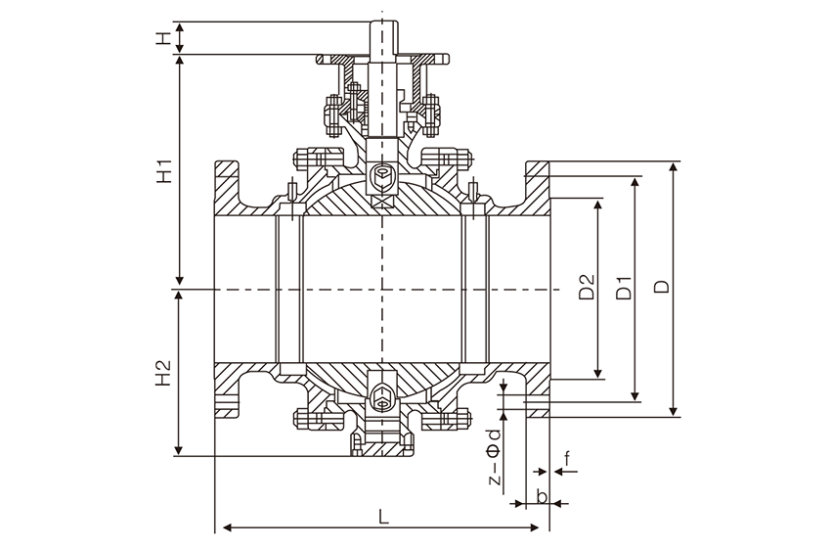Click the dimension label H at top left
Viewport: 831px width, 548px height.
click(163, 39)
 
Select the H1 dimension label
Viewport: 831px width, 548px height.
click(163, 171)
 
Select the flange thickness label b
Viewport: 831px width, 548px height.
click(540, 496)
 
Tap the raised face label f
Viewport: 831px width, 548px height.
click(568, 455)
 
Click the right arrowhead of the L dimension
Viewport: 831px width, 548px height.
click(545, 528)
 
